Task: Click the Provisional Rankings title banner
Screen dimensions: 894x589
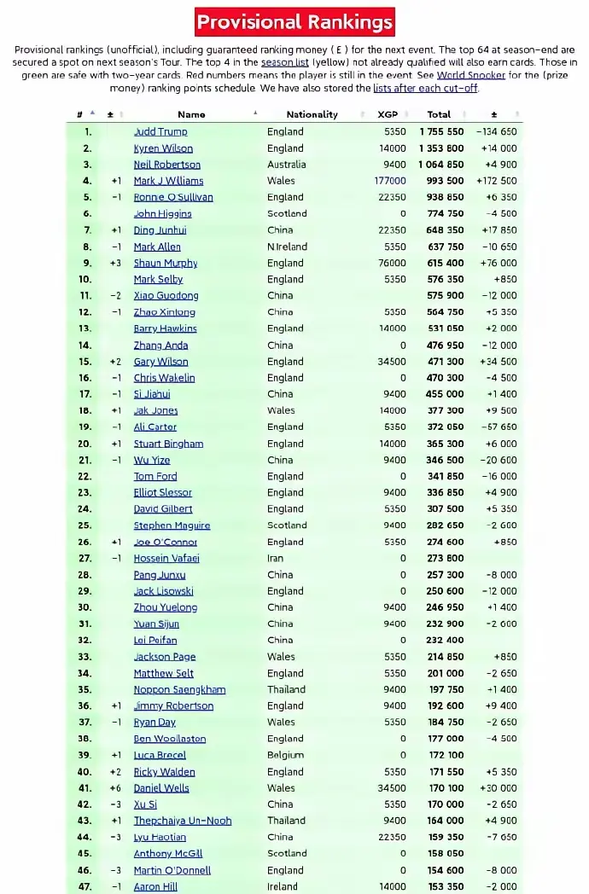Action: click(x=294, y=21)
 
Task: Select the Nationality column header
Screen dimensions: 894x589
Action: click(x=312, y=114)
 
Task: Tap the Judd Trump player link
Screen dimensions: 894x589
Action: click(x=160, y=131)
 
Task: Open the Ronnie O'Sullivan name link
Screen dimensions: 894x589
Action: click(x=173, y=197)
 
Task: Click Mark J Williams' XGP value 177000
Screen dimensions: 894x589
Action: click(x=390, y=181)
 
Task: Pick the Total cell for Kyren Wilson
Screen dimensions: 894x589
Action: click(x=441, y=148)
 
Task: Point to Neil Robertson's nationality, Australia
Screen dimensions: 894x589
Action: click(x=287, y=165)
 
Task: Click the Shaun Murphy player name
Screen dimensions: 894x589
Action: click(x=166, y=263)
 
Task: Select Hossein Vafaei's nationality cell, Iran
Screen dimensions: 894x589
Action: click(x=277, y=558)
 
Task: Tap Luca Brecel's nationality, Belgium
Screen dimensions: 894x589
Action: click(x=285, y=755)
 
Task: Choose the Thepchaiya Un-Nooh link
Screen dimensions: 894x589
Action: click(x=183, y=821)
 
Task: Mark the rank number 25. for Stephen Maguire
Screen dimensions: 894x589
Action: click(x=85, y=525)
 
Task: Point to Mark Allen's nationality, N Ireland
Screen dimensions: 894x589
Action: click(x=288, y=247)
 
